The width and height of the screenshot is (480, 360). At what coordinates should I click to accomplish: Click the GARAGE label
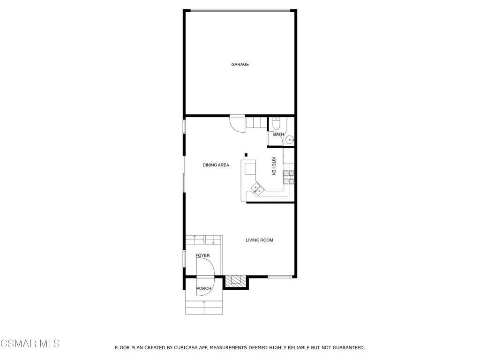240,64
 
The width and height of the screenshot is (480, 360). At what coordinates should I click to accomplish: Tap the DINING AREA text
216,165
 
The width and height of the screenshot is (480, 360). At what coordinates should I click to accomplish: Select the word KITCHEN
274,166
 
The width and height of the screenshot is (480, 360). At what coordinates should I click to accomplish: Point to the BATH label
278,135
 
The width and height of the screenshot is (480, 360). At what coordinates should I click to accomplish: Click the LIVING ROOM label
259,240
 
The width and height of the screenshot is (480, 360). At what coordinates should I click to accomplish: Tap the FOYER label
202,255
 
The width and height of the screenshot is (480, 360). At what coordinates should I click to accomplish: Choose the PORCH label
203,288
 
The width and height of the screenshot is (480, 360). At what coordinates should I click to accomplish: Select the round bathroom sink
290,139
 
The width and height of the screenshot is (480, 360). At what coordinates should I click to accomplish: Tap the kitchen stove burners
289,177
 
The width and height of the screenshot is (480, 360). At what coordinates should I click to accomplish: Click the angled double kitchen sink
257,188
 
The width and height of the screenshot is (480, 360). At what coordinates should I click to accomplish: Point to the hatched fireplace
235,281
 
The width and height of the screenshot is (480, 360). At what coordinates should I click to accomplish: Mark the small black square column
246,155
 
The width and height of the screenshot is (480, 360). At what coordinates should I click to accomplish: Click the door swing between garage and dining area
237,124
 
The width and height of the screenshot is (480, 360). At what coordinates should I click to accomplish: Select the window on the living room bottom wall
280,277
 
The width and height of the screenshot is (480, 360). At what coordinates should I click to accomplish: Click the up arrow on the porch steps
204,303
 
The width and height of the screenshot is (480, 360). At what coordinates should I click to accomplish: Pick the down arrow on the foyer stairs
214,242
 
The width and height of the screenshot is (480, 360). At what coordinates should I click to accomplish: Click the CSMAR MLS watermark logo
30,344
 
